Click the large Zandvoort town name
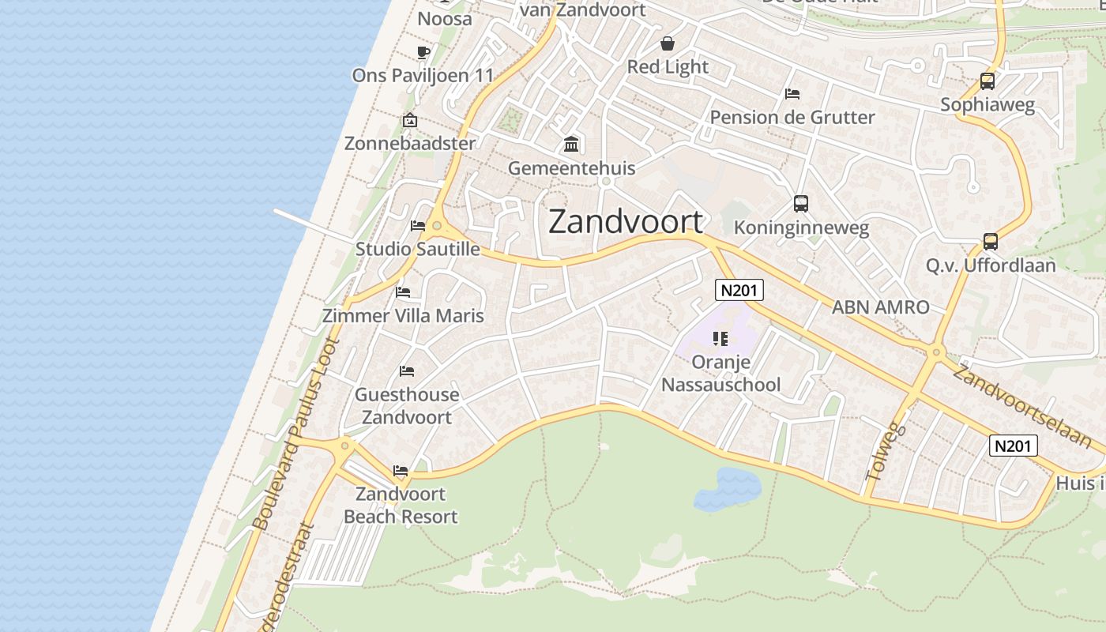tap(625, 222)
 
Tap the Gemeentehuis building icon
tap(571, 145)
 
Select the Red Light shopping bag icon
tap(668, 43)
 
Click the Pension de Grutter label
tap(792, 118)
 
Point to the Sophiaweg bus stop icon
tap(987, 81)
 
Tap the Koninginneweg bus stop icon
tap(801, 204)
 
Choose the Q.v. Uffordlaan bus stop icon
tap(991, 241)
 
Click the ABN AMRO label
tap(880, 307)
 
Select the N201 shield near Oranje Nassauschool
tap(739, 290)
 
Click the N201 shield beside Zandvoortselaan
tap(1013, 446)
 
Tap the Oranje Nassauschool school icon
tap(720, 339)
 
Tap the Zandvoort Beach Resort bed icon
tap(401, 472)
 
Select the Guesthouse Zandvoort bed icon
tap(407, 371)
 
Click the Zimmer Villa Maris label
tap(403, 316)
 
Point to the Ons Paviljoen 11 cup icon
tap(423, 52)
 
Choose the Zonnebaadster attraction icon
tap(409, 121)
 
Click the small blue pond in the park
tap(728, 488)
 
